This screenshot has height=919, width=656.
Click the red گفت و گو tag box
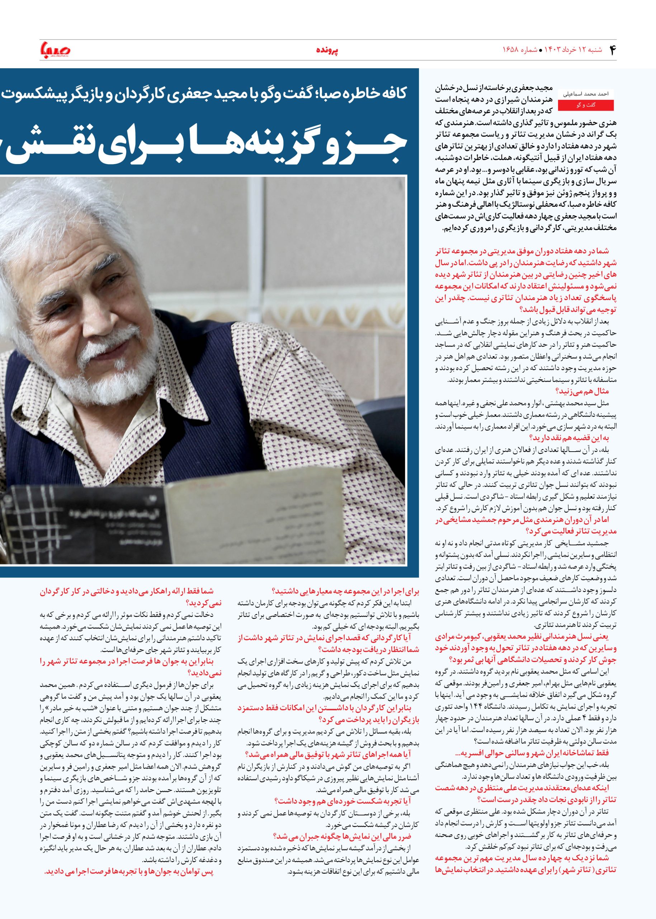coord(585,105)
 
